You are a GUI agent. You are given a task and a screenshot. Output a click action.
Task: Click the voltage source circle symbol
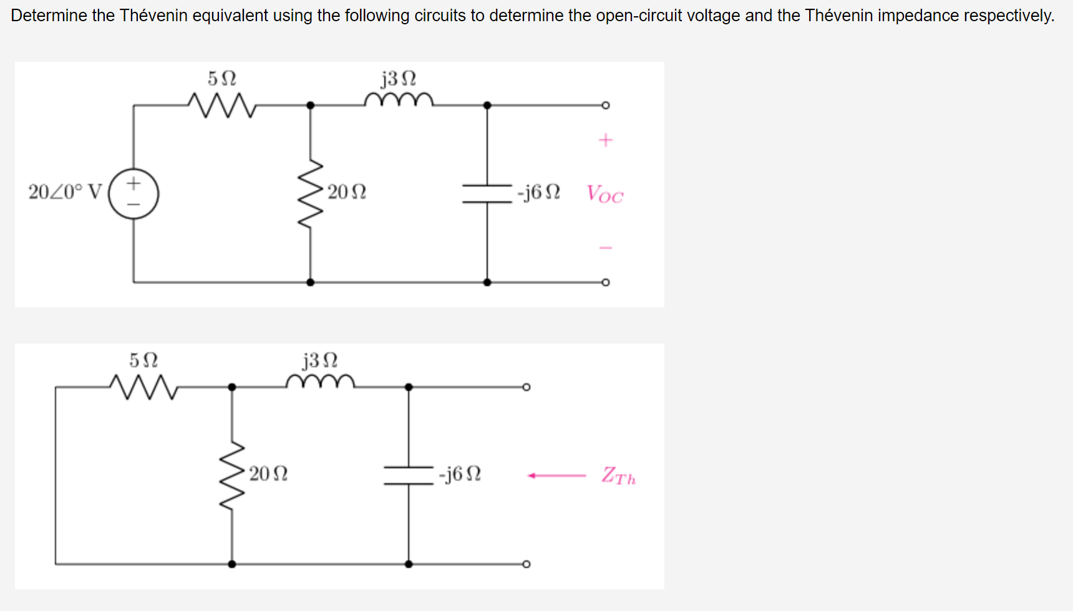coord(134,194)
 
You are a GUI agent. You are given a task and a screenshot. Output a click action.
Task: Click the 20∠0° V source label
coord(65,192)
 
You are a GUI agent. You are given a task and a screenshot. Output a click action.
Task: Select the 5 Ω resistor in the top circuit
coord(221,105)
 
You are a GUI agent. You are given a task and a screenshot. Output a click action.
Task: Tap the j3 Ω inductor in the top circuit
coord(399,100)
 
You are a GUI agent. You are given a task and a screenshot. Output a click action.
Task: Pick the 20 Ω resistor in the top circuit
coord(311,194)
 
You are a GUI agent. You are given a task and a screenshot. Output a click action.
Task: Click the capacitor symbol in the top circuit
coord(487,193)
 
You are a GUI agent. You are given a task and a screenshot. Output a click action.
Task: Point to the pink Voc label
coord(604,195)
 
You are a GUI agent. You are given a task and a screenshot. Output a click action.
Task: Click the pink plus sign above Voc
coord(605,140)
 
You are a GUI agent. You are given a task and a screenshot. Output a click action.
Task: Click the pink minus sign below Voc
coord(605,248)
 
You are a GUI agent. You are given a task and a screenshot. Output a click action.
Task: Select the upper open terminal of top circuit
coord(605,105)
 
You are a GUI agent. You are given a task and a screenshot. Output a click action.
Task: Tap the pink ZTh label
coord(618,476)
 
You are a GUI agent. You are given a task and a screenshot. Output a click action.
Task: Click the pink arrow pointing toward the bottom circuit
coord(556,476)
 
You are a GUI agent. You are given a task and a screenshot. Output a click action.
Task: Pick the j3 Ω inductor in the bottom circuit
coord(320,382)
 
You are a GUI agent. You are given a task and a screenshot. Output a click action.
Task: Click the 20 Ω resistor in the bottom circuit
coord(232,476)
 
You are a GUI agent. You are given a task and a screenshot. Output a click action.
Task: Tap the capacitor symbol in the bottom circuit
coord(409,476)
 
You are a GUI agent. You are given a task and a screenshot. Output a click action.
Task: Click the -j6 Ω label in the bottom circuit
coord(460,474)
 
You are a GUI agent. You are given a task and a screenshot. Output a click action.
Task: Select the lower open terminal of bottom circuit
coord(527,564)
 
